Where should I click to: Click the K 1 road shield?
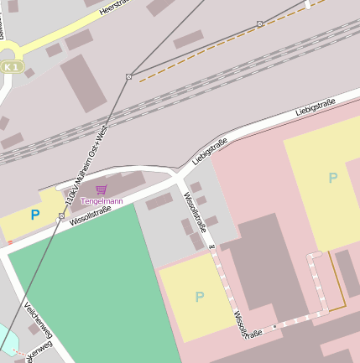9,66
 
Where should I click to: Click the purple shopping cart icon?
102,190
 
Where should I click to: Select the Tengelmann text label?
102,201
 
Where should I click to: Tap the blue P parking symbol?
34,215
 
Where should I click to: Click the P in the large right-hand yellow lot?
332,178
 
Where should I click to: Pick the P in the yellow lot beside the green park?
199,296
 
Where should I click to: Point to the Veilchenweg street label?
39,320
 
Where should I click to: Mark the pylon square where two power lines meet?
128,76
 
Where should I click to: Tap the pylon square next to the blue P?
61,216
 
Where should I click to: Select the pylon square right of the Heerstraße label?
259,23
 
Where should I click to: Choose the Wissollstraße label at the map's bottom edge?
248,325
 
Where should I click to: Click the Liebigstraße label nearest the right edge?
316,107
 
